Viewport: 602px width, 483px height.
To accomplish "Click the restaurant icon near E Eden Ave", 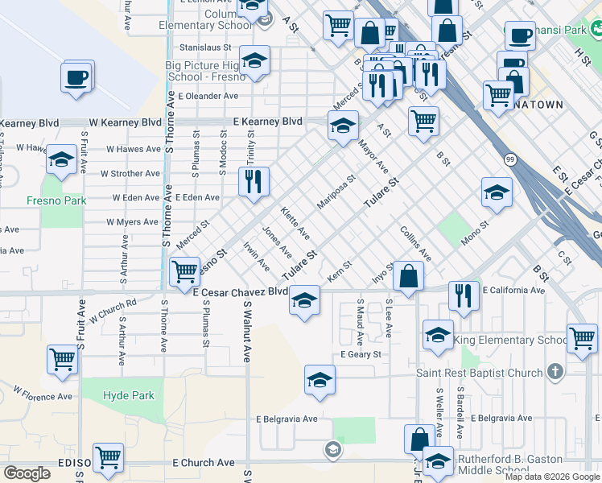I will (254, 182).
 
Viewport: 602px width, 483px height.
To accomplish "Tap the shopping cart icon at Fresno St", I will (185, 270).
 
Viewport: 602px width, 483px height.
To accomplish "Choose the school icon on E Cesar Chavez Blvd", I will (304, 301).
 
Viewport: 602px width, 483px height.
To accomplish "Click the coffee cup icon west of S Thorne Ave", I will (77, 77).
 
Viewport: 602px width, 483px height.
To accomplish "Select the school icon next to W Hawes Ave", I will (61, 160).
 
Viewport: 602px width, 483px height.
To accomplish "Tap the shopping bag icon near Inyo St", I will (409, 276).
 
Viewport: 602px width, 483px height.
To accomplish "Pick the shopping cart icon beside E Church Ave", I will (108, 458).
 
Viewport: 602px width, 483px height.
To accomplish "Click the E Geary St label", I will (361, 354).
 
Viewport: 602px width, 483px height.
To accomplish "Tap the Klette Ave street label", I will (295, 223).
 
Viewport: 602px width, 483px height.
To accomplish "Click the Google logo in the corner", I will (27, 473).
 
